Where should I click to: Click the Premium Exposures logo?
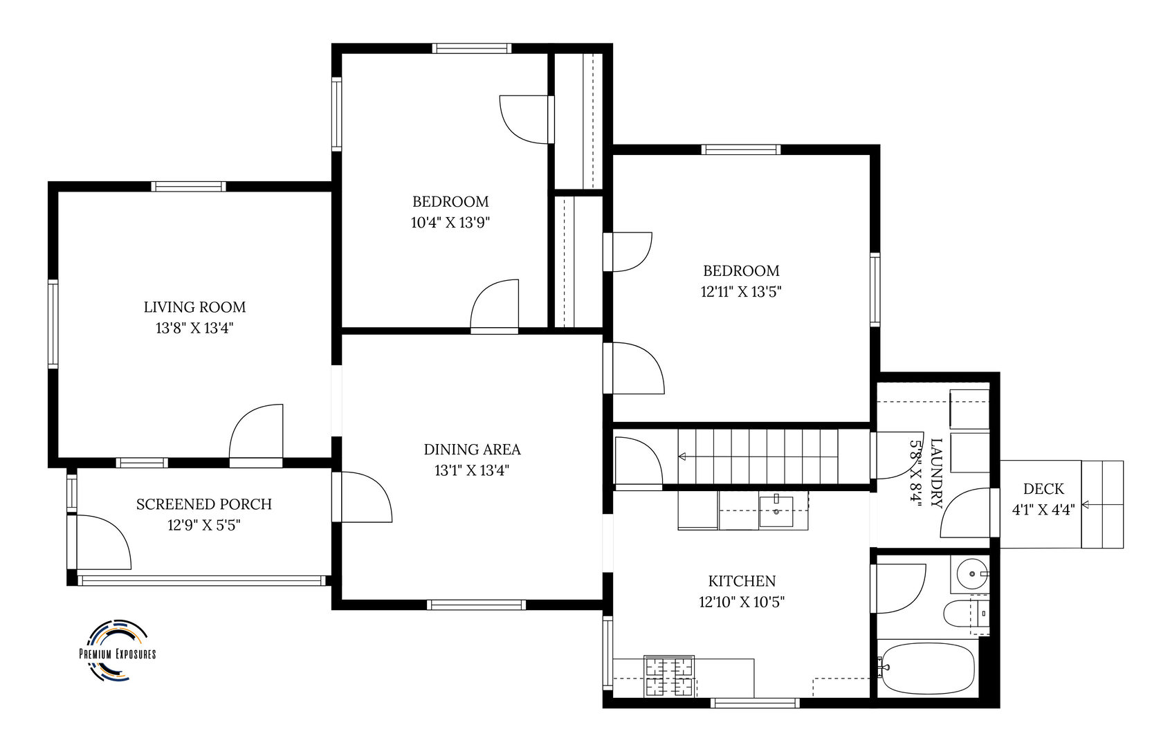(117, 650)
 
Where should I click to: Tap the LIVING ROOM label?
(195, 307)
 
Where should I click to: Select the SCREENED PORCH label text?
(203, 504)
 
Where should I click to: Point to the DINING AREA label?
(472, 450)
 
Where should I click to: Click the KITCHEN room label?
(742, 581)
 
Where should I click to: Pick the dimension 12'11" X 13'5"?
(740, 292)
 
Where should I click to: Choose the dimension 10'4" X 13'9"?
(450, 223)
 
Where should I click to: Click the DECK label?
(1043, 489)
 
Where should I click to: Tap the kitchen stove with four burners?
(669, 676)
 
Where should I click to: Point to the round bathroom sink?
(972, 573)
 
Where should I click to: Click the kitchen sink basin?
(776, 512)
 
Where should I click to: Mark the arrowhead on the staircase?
(682, 456)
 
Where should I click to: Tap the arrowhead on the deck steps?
(1085, 505)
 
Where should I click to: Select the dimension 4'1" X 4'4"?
(1043, 510)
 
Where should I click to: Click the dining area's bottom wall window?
(476, 605)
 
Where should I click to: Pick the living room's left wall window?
(53, 324)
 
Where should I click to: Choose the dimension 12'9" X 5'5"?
(203, 525)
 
